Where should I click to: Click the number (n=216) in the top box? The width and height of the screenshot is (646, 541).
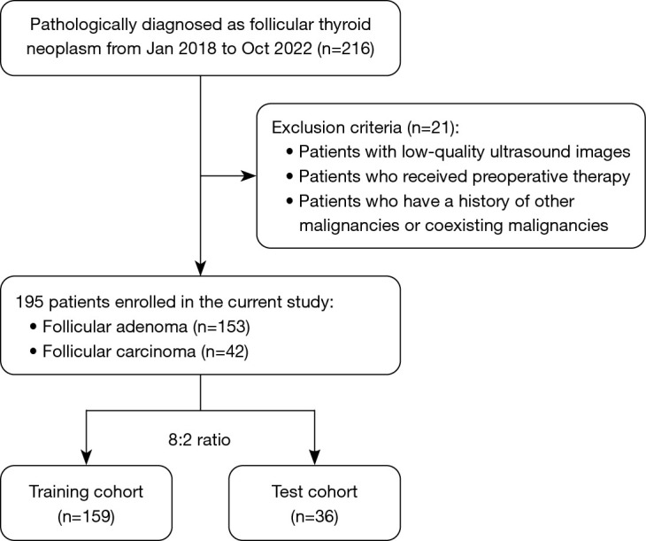(346, 49)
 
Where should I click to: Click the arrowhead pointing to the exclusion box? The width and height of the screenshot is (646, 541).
(248, 176)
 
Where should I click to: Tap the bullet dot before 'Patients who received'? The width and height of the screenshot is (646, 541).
(290, 176)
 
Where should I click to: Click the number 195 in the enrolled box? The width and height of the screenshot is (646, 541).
(29, 302)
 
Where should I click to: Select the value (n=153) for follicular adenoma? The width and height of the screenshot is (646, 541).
(221, 327)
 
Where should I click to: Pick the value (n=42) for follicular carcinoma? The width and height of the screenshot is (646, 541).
(225, 352)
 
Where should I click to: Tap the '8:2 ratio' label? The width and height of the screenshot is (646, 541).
(199, 440)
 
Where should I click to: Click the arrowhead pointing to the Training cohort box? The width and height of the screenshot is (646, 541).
(86, 457)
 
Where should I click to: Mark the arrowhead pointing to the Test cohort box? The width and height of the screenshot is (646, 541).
(315, 457)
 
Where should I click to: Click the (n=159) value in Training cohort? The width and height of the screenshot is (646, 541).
(86, 516)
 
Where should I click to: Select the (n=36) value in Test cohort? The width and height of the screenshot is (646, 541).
(314, 516)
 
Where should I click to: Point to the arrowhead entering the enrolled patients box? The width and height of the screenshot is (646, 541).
(200, 267)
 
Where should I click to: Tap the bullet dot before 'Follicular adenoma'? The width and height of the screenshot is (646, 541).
(34, 326)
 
